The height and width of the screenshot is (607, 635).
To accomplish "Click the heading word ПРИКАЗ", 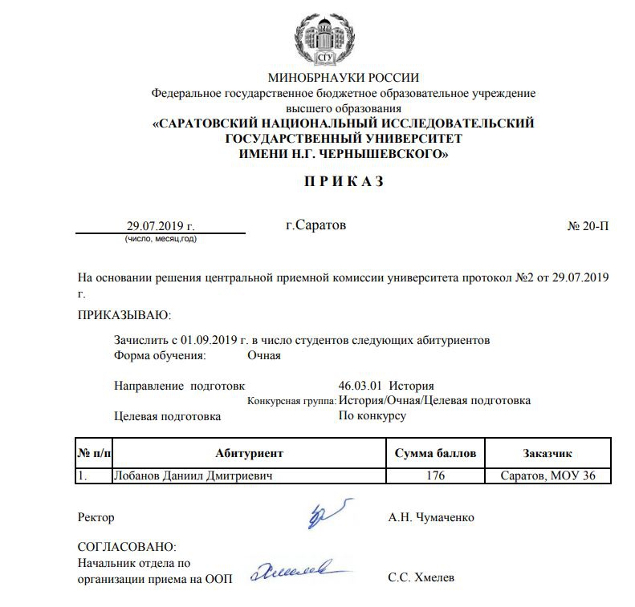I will click(x=344, y=182).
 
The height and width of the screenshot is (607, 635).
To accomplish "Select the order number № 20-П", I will click(x=588, y=226).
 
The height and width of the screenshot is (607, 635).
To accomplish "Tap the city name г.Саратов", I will click(x=316, y=225).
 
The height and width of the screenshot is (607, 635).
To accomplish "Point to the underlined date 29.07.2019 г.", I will click(x=161, y=226).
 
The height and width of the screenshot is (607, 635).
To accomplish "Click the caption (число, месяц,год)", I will click(x=161, y=239).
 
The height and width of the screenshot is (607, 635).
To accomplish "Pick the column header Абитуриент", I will click(x=249, y=453).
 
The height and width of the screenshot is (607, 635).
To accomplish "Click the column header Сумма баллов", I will click(x=436, y=453).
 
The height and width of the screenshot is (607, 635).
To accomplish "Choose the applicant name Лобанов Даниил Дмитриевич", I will click(x=189, y=476).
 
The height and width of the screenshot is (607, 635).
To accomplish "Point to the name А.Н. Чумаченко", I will click(x=430, y=517).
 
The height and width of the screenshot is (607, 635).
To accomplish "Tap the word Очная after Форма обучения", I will click(x=264, y=355).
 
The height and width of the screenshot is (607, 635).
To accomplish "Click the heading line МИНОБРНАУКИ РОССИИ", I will click(x=344, y=78).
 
